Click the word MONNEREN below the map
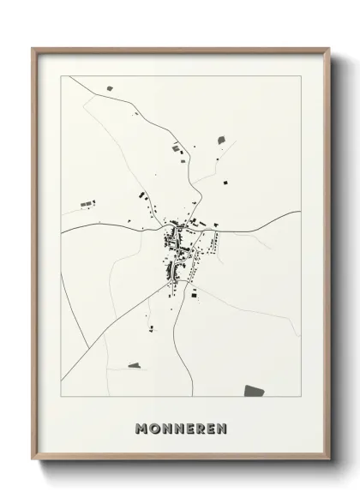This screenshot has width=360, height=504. point(180,426)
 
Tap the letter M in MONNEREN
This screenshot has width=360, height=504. point(141,426)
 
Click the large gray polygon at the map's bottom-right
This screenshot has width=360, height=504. point(254,391)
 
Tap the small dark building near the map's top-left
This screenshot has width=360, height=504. point(109,87)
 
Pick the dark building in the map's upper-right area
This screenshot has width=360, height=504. point(221,138)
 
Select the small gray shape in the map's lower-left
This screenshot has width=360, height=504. point(134,365)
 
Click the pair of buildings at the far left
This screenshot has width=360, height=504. point(87,203)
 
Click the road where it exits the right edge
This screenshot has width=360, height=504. point(297,212)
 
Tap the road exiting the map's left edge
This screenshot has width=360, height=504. point(64,231)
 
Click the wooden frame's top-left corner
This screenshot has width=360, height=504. point(33,49)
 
